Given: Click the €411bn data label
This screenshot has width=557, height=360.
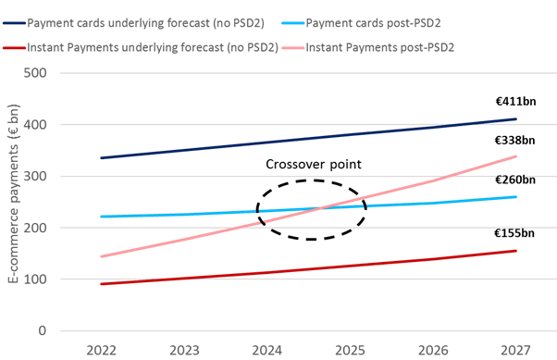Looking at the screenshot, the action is click(515, 102).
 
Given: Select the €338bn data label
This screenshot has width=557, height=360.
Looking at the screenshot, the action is click(515, 141).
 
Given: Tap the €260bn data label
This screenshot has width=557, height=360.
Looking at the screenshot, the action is click(515, 180).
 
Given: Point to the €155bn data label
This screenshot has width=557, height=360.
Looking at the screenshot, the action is click(514, 233).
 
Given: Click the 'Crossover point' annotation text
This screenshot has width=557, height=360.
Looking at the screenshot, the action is click(314, 164).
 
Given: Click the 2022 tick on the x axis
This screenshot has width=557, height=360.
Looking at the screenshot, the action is click(101, 351).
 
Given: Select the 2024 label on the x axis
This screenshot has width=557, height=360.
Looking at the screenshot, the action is click(267, 351).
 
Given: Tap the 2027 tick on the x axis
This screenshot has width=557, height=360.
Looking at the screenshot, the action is click(515, 351).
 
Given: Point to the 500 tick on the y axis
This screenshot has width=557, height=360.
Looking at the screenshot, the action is click(35, 73).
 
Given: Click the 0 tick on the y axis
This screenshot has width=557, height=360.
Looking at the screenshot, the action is click(43, 331).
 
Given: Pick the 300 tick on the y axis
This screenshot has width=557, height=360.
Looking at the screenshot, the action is click(35, 176).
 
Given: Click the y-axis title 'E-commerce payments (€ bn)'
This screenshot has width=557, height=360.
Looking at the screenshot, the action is click(13, 193).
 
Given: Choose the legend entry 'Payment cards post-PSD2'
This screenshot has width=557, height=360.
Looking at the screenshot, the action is click(361, 23).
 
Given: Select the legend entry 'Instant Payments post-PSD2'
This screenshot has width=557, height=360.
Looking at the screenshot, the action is click(368, 47).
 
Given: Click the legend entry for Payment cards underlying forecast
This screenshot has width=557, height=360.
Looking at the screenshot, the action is click(133, 23).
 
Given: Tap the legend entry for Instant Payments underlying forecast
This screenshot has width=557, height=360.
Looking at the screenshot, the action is click(141, 47).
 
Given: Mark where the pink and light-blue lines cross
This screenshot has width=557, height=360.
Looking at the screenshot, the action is click(321, 208).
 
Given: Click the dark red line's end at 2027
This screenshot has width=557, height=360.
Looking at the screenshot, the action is click(515, 251).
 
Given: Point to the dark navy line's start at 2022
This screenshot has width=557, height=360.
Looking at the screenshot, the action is click(101, 157).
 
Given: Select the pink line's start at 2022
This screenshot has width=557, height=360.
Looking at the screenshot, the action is click(101, 256).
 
